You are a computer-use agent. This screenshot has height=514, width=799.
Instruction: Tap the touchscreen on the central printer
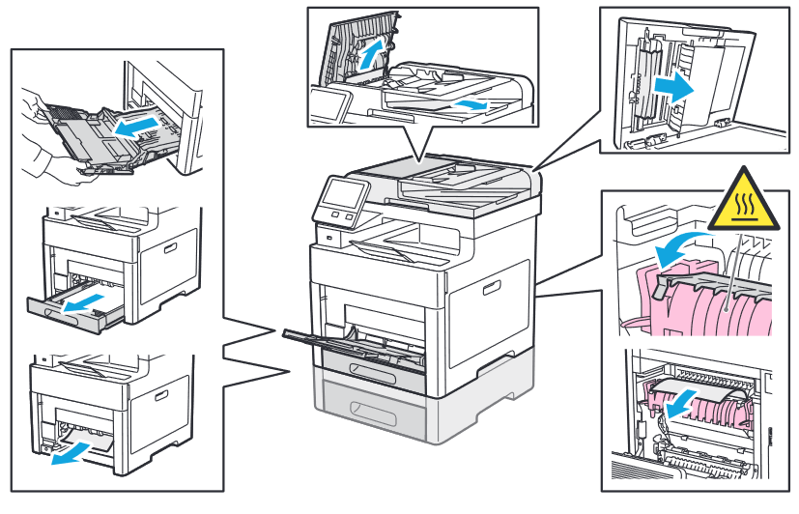339,199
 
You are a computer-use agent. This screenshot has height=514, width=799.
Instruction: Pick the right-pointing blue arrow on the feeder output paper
471,103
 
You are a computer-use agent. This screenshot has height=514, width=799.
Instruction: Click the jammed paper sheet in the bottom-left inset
89,443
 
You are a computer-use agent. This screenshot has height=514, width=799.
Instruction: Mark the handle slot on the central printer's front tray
373,372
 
